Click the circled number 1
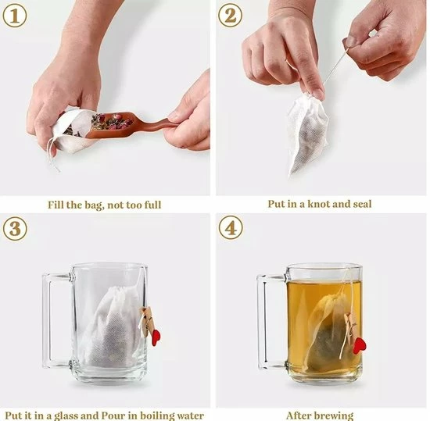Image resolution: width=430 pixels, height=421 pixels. coord(15,16)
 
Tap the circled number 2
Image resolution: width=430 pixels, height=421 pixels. coord(231,16)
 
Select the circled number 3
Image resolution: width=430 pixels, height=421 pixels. coord(15,229)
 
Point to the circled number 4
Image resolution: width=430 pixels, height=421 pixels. coord(231,228)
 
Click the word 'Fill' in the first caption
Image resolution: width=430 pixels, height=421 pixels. coord(56,205)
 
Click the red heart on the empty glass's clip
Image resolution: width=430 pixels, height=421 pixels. coord(156,338)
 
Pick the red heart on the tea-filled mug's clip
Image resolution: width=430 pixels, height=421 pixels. coord(359,346)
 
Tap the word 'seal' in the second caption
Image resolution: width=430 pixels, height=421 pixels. coord(360,204)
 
